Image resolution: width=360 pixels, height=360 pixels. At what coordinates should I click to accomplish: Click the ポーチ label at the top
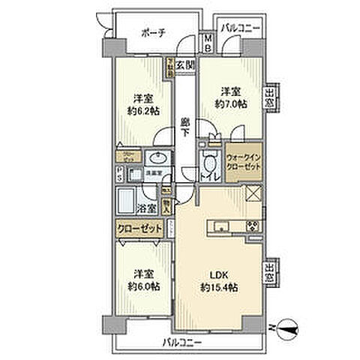(156, 33)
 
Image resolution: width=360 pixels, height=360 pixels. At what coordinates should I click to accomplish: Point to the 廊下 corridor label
(184, 122)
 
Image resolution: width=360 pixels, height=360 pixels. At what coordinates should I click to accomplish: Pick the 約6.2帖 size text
(142, 111)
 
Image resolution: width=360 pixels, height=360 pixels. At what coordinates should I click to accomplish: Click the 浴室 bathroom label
(148, 210)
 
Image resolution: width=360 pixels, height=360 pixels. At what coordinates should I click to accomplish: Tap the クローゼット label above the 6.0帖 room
(139, 228)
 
